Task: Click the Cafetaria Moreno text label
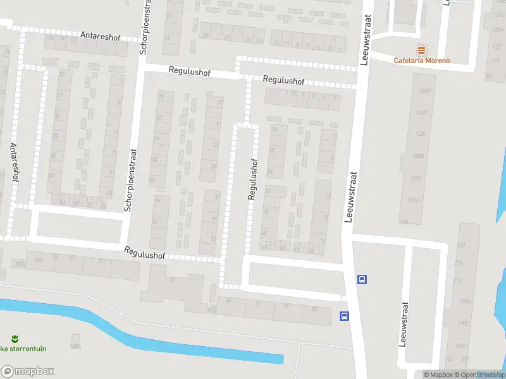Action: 422,61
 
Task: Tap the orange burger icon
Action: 421,50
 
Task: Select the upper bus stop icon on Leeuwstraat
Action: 362,279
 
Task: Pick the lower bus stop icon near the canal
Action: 344,316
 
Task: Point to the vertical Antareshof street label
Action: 14,162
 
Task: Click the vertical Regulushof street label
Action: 253,179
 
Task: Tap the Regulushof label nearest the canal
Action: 145,253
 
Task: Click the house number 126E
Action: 416,178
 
